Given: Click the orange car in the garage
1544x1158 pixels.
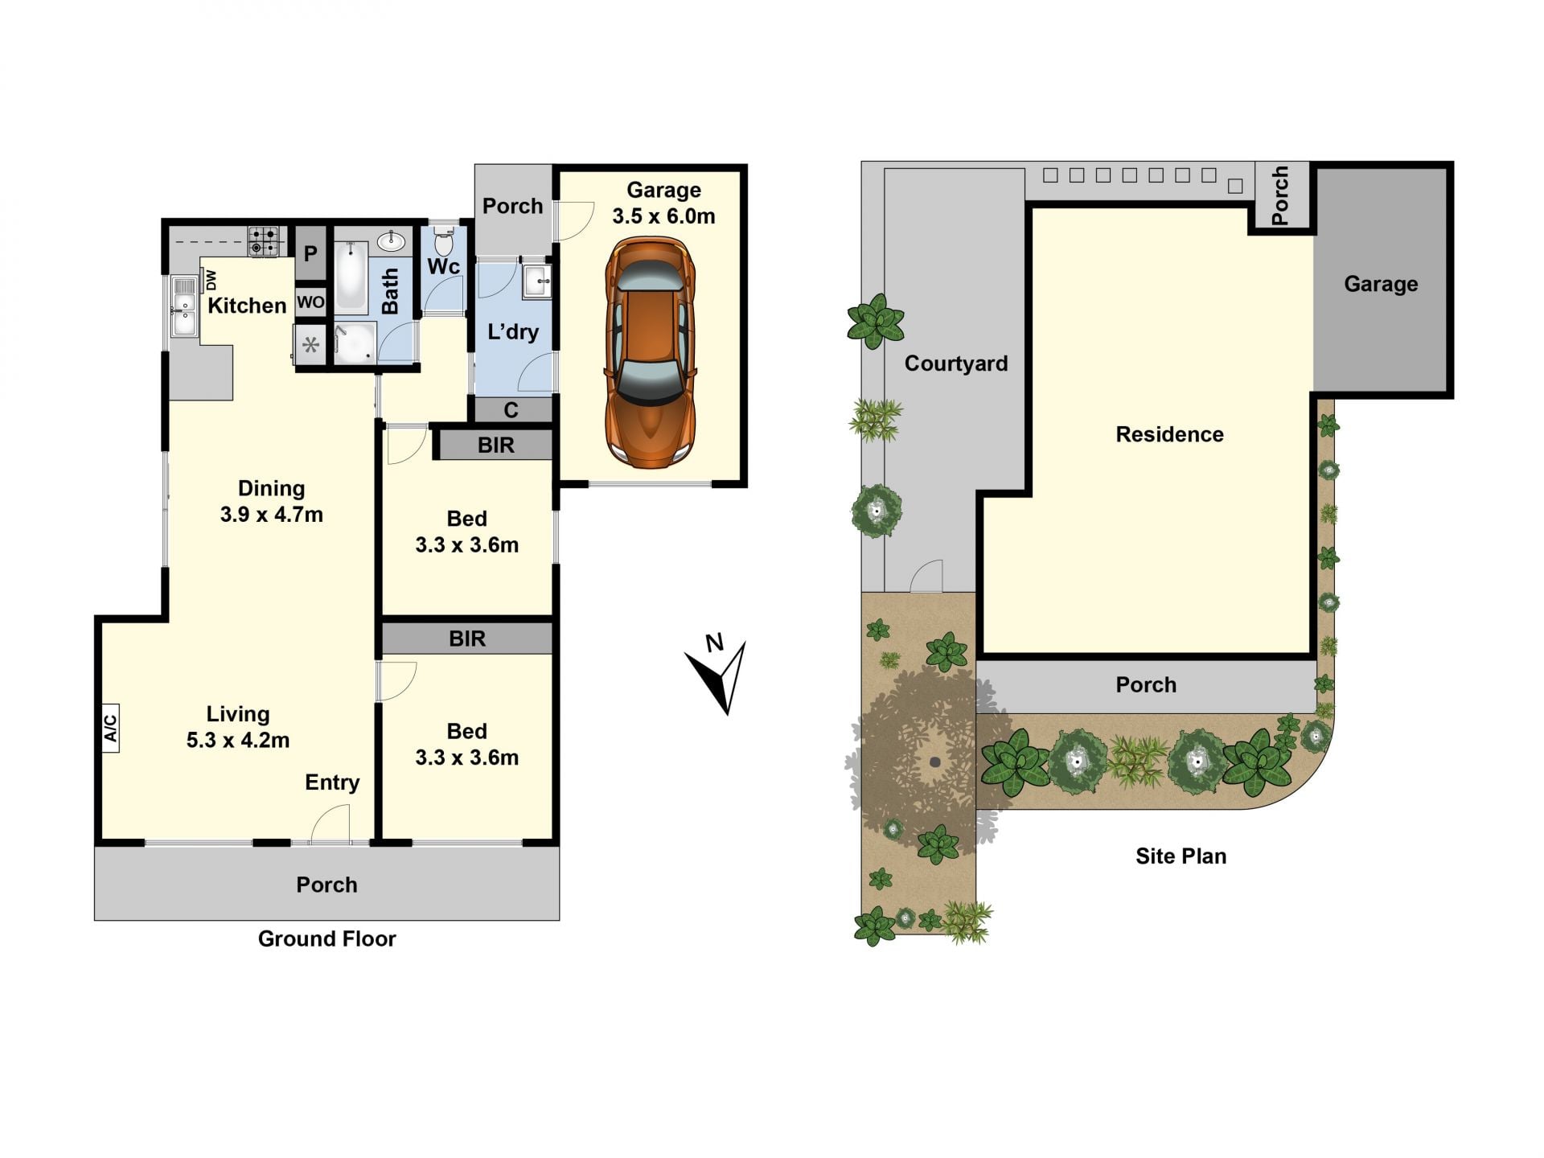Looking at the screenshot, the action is pyautogui.click(x=650, y=352).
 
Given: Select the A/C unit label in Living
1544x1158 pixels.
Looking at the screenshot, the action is pyautogui.click(x=110, y=728).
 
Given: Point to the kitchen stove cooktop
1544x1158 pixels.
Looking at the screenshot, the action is pyautogui.click(x=264, y=241).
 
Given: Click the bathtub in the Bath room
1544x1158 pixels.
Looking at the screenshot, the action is pyautogui.click(x=351, y=277).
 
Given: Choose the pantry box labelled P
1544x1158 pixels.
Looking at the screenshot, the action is pyautogui.click(x=310, y=253).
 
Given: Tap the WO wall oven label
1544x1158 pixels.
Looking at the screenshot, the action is pyautogui.click(x=310, y=302).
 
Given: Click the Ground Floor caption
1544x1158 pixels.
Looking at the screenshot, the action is pyautogui.click(x=326, y=938).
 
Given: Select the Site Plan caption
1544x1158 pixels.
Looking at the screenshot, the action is pyautogui.click(x=1181, y=856).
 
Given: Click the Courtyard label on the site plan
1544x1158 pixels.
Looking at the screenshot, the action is pyautogui.click(x=956, y=363).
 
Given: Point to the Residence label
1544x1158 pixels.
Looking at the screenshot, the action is pyautogui.click(x=1169, y=434).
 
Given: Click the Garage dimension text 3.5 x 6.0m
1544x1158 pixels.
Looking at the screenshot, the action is pyautogui.click(x=663, y=216).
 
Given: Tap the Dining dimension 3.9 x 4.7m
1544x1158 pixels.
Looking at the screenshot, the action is pyautogui.click(x=272, y=515).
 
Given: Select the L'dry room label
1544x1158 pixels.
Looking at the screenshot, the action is pyautogui.click(x=513, y=331).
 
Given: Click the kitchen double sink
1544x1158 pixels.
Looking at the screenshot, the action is pyautogui.click(x=184, y=306).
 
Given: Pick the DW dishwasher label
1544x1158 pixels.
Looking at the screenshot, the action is pyautogui.click(x=211, y=280).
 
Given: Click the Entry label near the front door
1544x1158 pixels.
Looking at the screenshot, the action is pyautogui.click(x=332, y=782).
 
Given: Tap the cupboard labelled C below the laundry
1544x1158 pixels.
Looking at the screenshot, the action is pyautogui.click(x=511, y=410).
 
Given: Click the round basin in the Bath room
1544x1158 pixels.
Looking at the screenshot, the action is pyautogui.click(x=391, y=240).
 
